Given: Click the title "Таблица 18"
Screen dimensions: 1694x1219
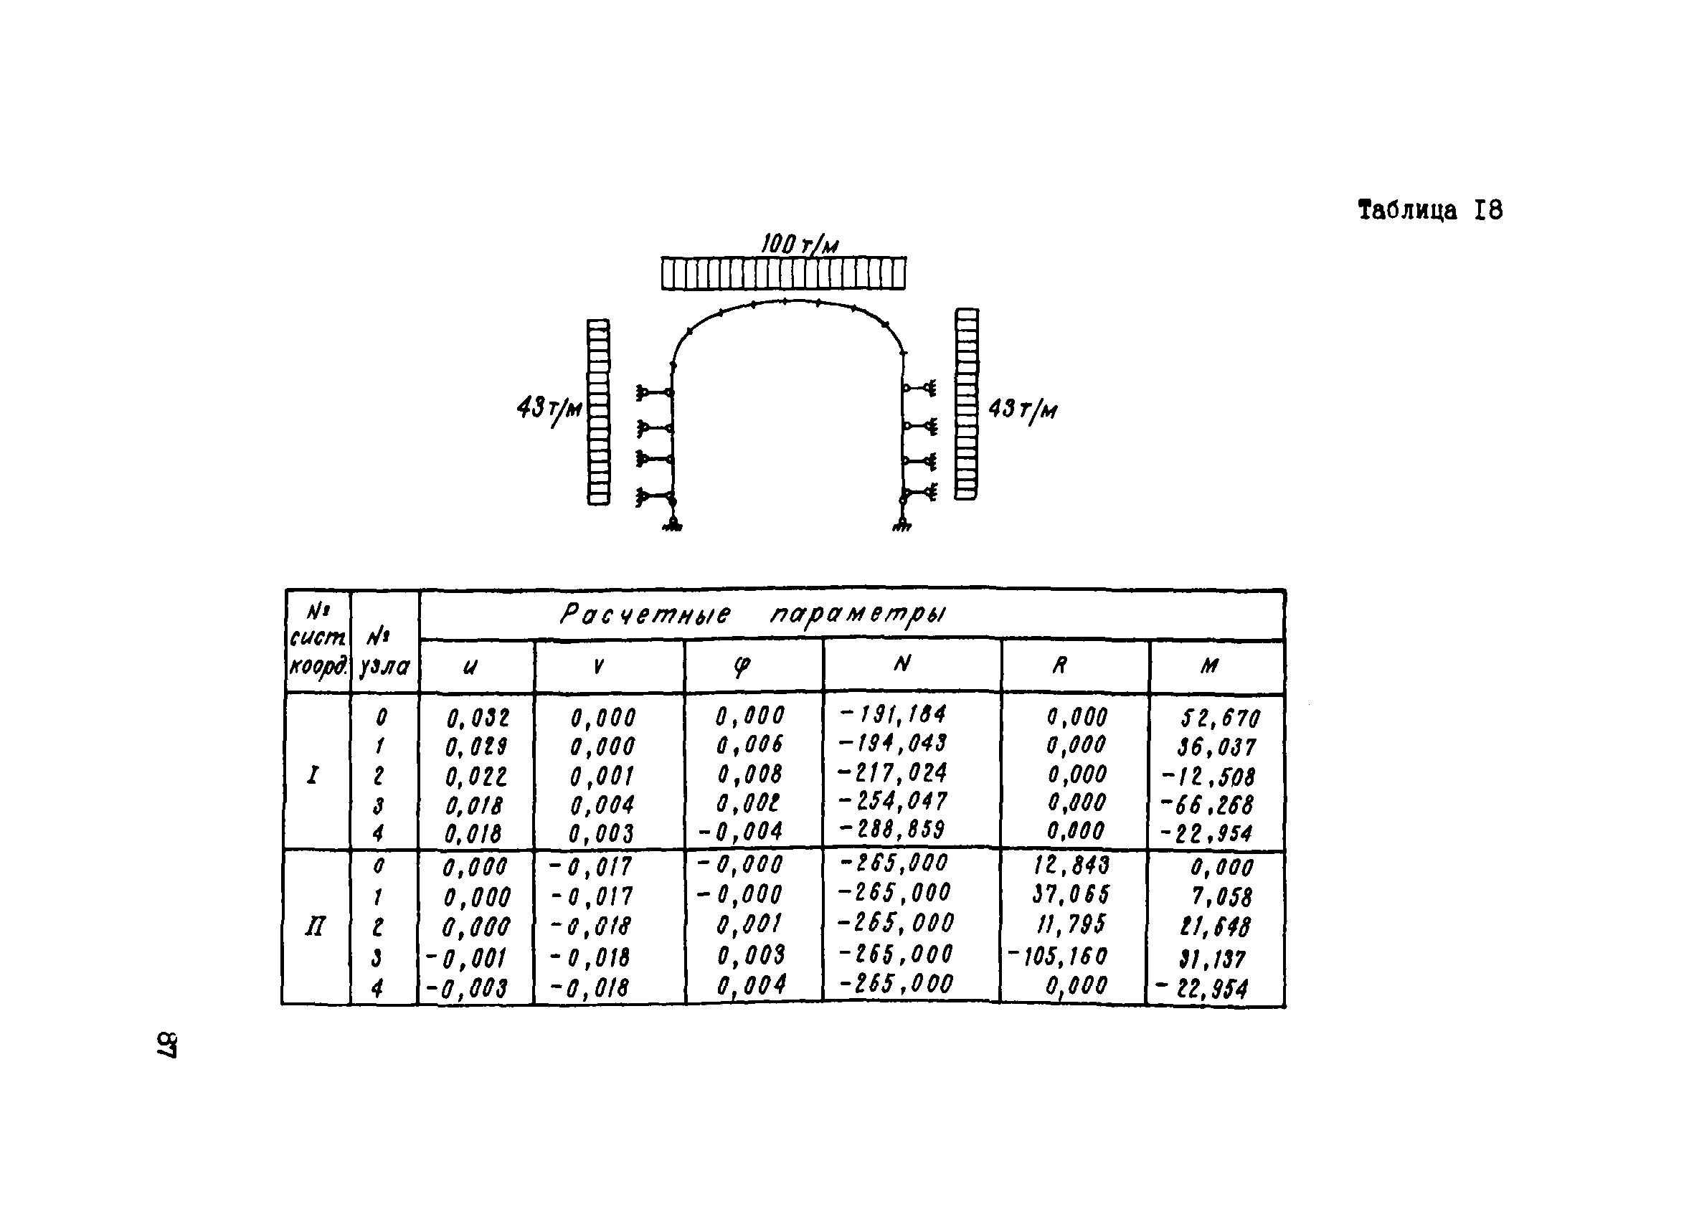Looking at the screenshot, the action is (1429, 211).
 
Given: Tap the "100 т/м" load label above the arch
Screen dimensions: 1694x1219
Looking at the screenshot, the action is (799, 245).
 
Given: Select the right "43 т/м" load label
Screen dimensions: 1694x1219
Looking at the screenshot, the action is (1023, 410).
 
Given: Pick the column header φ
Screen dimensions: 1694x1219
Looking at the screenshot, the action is (741, 666).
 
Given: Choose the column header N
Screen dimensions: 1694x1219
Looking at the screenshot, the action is (902, 663).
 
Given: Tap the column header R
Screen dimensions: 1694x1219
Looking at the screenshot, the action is (1059, 665).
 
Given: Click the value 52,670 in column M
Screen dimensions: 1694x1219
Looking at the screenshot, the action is (1221, 718).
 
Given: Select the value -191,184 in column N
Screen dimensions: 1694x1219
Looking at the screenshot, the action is (894, 714).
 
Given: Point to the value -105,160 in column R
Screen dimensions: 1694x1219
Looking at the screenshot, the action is (1058, 956).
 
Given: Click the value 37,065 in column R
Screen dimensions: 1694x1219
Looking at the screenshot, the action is (1071, 894).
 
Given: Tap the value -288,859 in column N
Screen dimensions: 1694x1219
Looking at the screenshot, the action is (894, 829).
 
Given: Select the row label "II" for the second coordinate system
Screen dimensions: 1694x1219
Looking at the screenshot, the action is (315, 928).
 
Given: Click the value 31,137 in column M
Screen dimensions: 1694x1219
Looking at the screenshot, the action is (1213, 958).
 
